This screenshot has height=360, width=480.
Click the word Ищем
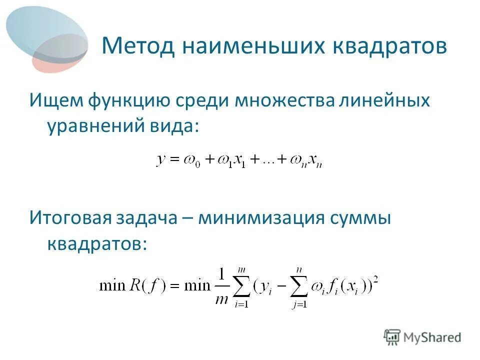[x=56, y=100]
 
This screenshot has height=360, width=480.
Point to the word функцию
[x=130, y=100]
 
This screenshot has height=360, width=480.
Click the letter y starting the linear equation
[x=161, y=160]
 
